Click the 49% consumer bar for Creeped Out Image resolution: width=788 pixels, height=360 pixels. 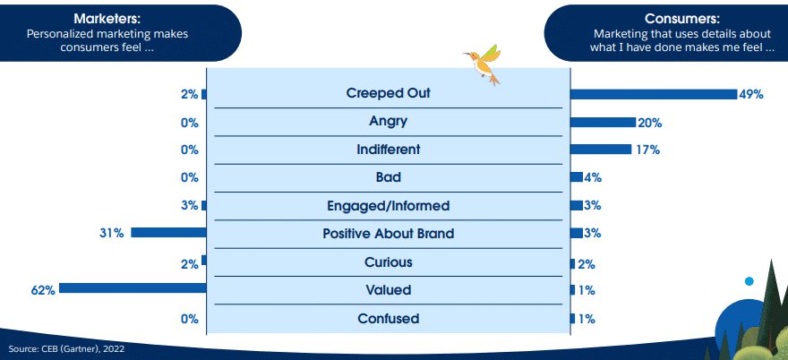(x=654, y=94)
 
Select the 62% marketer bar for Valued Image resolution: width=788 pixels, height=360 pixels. (x=133, y=288)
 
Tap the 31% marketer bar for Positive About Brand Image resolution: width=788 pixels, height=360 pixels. (x=169, y=232)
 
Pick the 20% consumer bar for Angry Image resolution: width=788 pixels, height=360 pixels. (x=603, y=122)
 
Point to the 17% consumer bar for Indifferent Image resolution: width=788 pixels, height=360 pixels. (x=601, y=150)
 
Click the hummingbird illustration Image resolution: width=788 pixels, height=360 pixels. (x=483, y=64)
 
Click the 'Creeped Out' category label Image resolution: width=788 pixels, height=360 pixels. (x=389, y=93)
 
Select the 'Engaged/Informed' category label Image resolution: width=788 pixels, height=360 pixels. (x=388, y=206)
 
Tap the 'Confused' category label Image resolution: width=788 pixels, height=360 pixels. (x=389, y=318)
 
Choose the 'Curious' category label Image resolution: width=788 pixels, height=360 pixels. (x=389, y=262)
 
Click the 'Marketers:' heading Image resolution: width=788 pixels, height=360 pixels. (x=107, y=19)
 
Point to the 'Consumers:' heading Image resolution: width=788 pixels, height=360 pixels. (x=682, y=19)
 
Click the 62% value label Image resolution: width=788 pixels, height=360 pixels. (x=44, y=290)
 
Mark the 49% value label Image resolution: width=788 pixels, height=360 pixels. (x=751, y=95)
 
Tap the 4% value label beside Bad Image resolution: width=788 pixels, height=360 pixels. (x=593, y=177)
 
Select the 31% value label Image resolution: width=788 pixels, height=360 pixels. (x=113, y=234)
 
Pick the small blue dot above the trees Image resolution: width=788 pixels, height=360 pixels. (x=749, y=281)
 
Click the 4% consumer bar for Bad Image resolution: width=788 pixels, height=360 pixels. (x=577, y=177)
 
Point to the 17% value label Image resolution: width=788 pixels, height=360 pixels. (x=647, y=150)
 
